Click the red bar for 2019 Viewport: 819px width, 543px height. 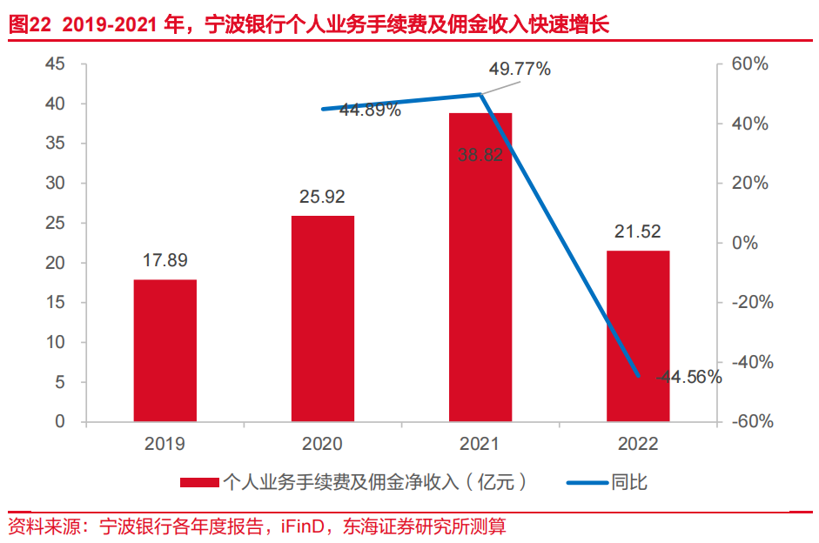[x=165, y=350]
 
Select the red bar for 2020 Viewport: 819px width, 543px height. [x=323, y=318]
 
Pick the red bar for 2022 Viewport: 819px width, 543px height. [x=638, y=336]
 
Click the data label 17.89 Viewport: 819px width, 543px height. [x=165, y=260]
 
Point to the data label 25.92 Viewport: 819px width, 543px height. [x=323, y=197]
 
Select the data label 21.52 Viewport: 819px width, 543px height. [x=638, y=231]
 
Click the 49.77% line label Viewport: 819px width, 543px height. [x=520, y=70]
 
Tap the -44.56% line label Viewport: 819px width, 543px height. [x=689, y=377]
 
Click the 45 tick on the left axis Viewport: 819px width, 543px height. [x=55, y=64]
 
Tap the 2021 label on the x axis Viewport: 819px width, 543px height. [x=480, y=444]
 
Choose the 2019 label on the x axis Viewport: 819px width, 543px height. [x=165, y=444]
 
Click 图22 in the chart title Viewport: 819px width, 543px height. [x=30, y=25]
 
